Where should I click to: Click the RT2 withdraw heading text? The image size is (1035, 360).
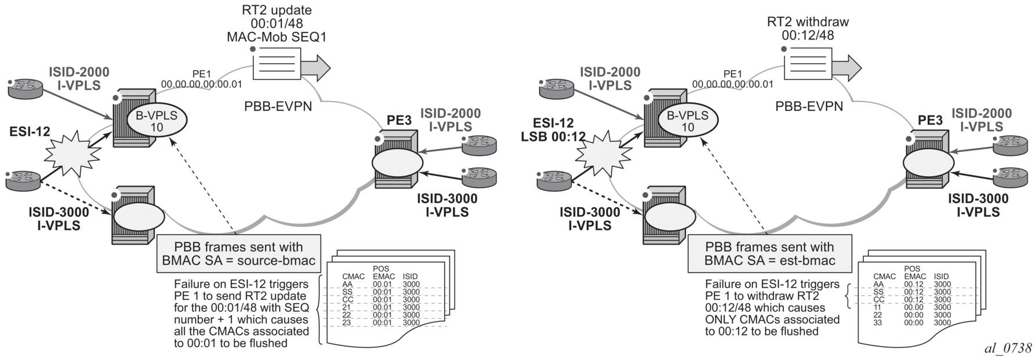(x=808, y=22)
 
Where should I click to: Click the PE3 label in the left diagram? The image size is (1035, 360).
(x=400, y=122)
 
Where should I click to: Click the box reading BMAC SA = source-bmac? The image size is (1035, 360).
(x=239, y=254)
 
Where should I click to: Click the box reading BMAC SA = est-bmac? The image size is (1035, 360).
(x=769, y=254)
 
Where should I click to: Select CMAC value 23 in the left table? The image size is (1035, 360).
(x=347, y=323)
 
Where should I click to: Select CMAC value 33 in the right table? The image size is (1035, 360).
(x=878, y=323)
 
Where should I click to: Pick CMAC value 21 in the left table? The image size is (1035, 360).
(x=347, y=307)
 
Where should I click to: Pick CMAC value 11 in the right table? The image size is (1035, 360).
(x=878, y=307)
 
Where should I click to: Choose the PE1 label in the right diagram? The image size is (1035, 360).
(x=733, y=74)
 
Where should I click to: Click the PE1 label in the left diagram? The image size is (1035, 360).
(x=202, y=74)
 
